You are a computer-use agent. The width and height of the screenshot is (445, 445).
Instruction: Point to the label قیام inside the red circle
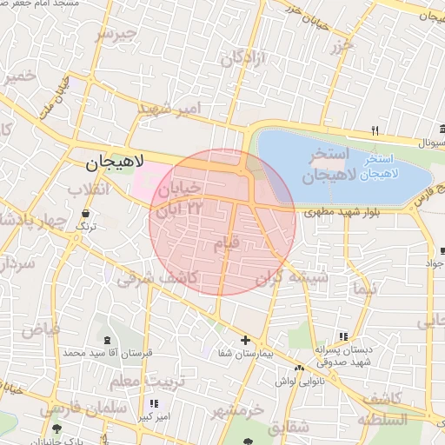[x=226, y=244]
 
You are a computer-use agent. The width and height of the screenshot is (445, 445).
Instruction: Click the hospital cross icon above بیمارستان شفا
[x=245, y=341]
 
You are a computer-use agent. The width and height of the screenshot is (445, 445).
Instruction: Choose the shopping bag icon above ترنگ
[x=85, y=214]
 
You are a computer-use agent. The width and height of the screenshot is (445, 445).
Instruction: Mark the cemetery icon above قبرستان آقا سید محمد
[x=107, y=340]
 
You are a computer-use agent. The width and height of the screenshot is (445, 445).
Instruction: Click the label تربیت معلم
[x=136, y=380]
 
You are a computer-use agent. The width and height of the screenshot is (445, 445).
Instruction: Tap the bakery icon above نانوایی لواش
[x=300, y=369]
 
